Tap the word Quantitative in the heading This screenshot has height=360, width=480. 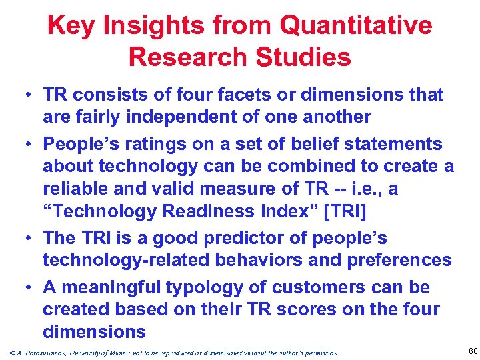tap(357, 26)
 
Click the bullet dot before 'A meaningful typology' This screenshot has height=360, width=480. tap(29, 288)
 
